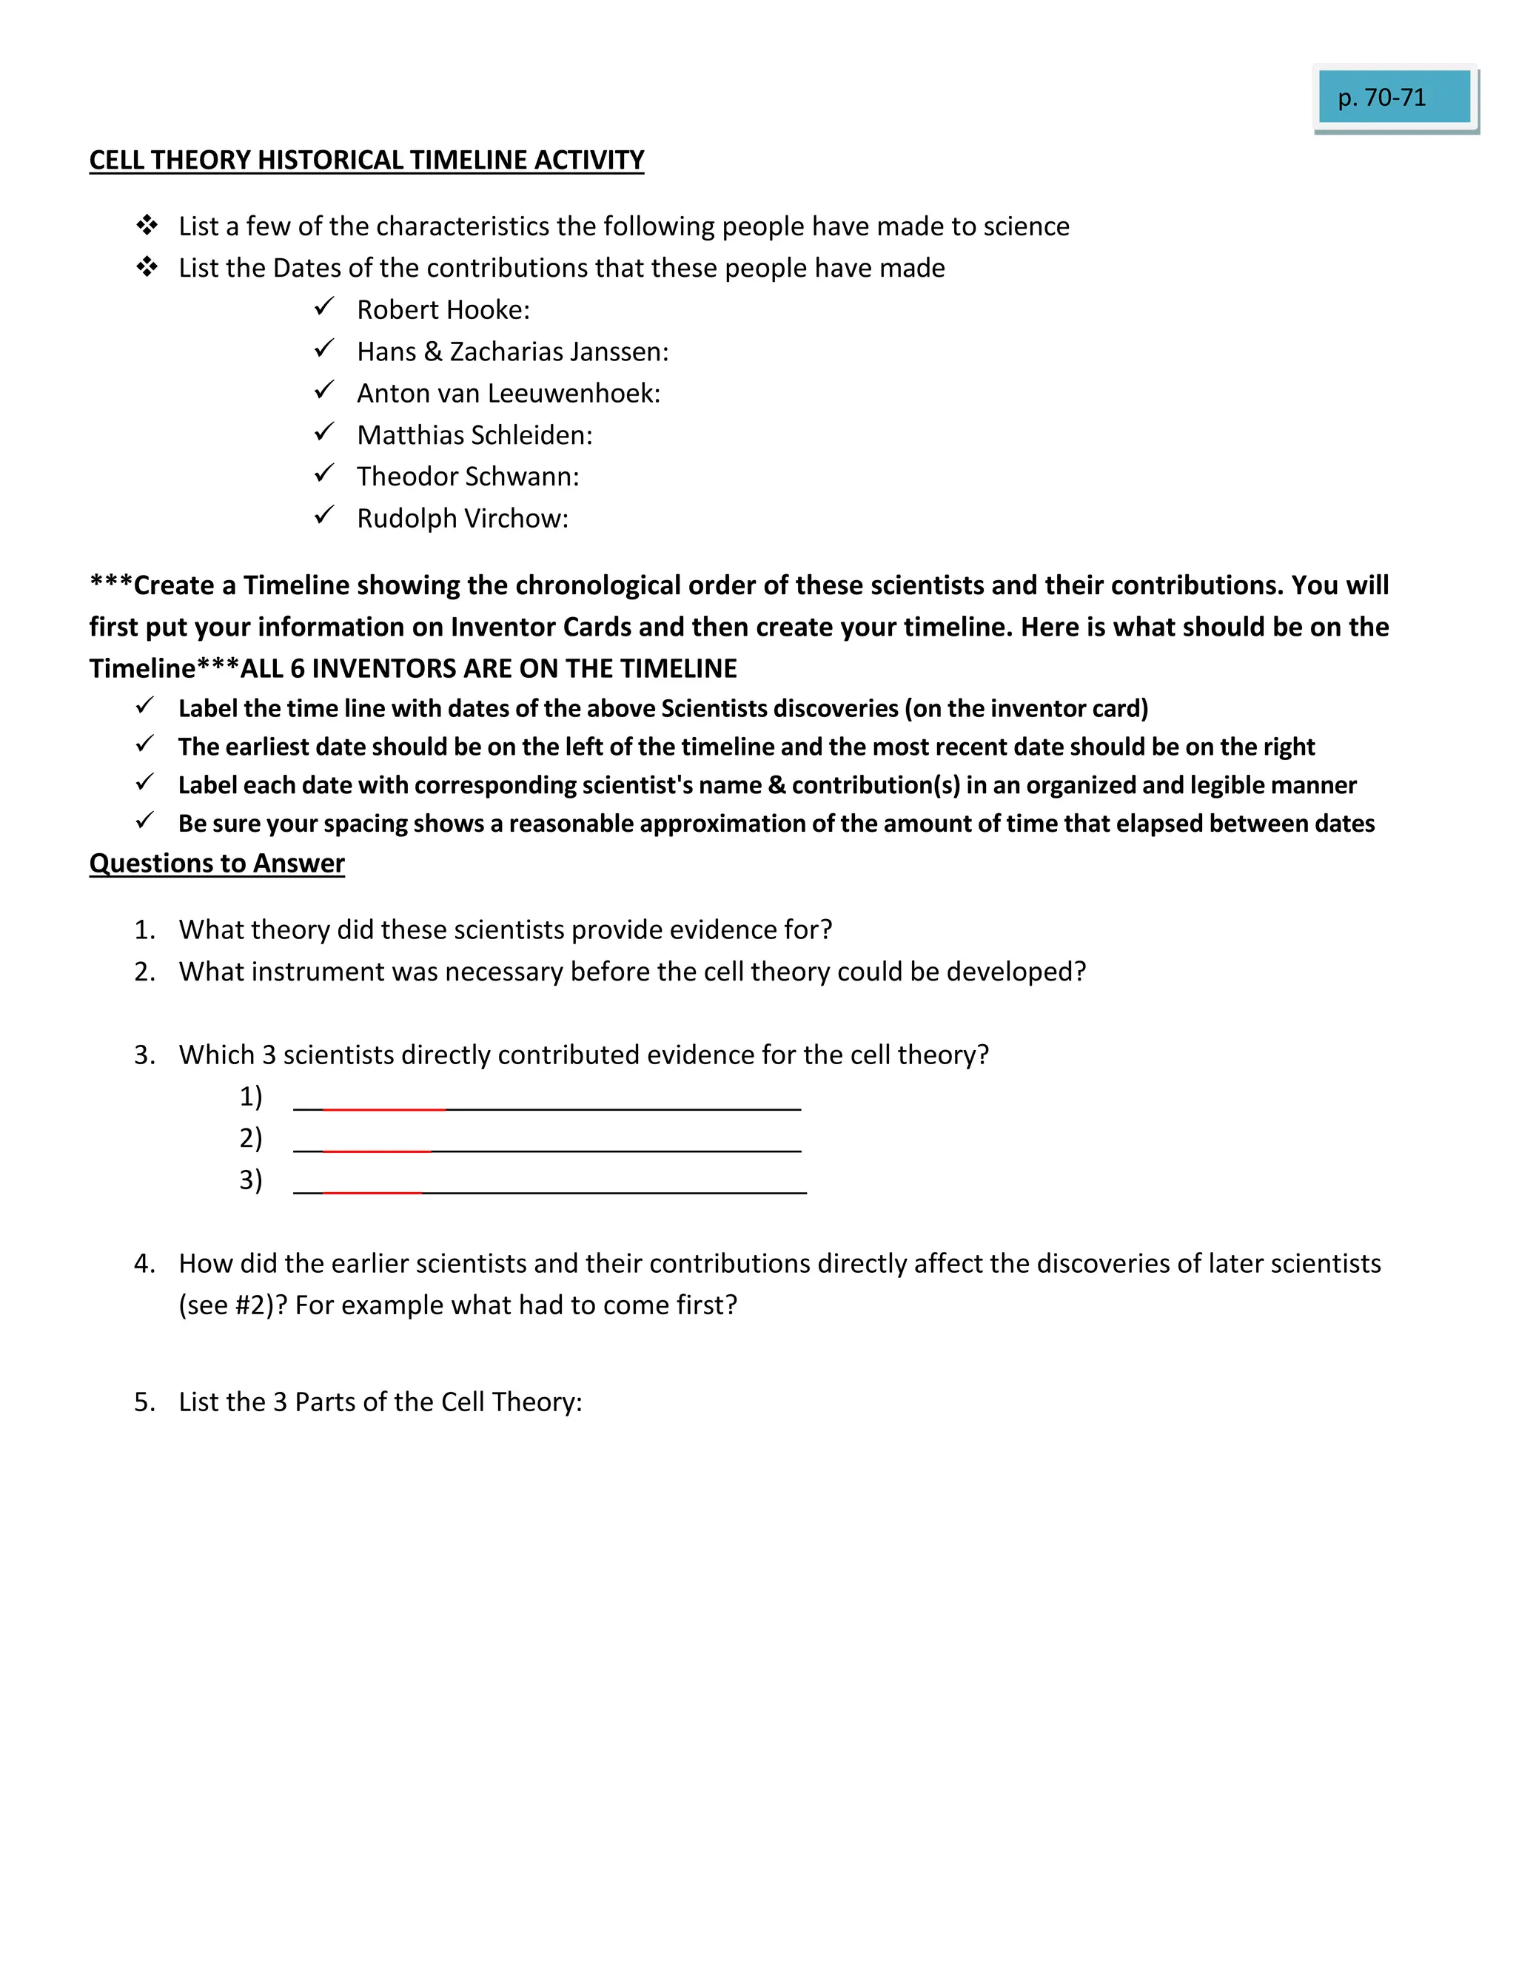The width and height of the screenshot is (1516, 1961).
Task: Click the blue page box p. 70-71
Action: (x=1393, y=97)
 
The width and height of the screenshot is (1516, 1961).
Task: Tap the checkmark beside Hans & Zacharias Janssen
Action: (x=324, y=349)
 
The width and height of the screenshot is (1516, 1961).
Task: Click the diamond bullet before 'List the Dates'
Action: (x=147, y=266)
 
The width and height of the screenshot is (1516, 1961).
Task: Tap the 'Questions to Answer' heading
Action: (x=216, y=863)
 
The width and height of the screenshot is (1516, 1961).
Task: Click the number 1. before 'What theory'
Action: (x=144, y=929)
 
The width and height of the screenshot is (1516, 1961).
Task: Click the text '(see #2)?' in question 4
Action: (x=232, y=1305)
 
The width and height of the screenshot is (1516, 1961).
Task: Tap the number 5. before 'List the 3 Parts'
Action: (x=144, y=1402)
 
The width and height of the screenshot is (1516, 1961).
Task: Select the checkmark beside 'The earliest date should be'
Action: (x=144, y=744)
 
